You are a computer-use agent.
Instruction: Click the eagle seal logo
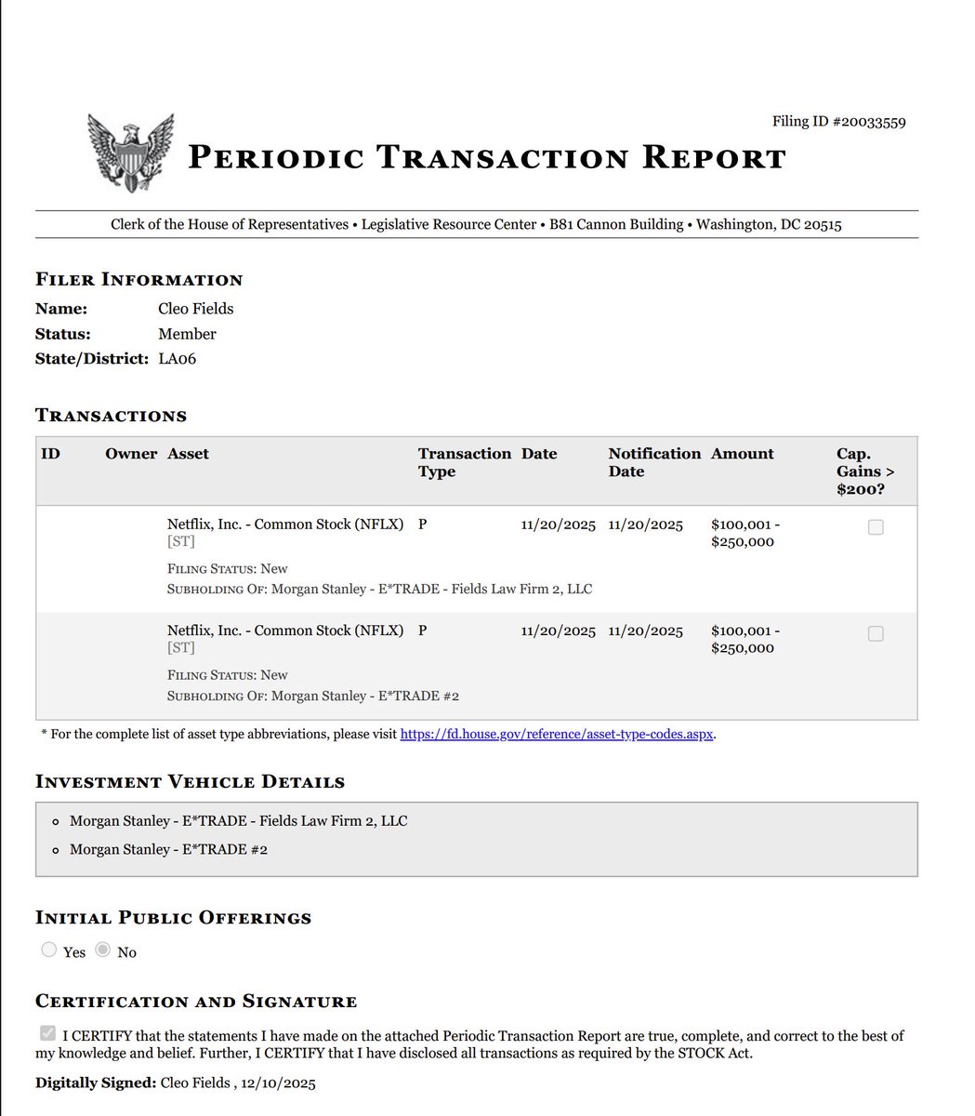coord(130,153)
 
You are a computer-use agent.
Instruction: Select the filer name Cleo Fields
coord(195,309)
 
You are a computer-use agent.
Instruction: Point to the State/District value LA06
coord(177,359)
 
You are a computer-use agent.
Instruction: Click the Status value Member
coord(187,334)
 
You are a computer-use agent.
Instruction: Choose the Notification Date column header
coord(654,462)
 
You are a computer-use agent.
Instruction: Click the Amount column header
coord(742,454)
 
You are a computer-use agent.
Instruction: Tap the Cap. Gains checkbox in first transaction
coord(876,527)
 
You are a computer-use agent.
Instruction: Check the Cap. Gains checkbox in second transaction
coord(876,633)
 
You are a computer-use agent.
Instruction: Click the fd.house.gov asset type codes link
coord(557,735)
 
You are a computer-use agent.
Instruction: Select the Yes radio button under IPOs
coord(49,950)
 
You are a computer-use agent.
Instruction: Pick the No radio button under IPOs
coord(103,950)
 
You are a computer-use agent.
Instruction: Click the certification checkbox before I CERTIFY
coord(48,1034)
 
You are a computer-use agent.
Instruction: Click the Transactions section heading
coord(111,416)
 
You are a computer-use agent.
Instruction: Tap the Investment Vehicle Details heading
coord(190,782)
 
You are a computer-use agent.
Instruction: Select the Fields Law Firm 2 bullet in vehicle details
coord(238,821)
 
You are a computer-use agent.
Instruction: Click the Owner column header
coord(131,454)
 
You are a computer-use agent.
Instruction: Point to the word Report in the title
coord(712,158)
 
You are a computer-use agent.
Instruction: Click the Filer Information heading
coord(138,280)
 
